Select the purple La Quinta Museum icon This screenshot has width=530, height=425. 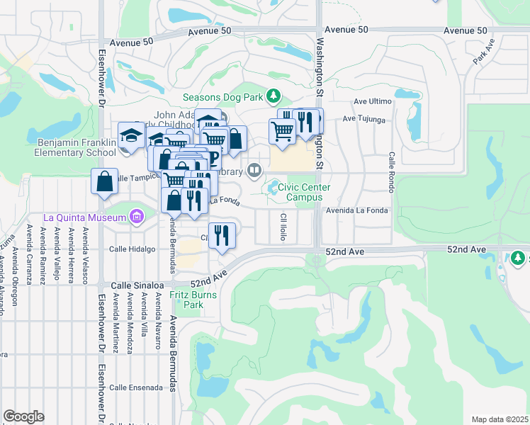point(137,216)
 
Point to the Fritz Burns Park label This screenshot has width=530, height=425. point(188,300)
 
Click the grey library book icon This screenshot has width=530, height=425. point(254,170)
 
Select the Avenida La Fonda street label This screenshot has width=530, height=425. point(356,210)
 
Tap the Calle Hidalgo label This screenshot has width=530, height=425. point(132,249)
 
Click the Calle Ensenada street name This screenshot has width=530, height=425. point(135,387)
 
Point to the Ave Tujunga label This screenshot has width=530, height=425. point(364,119)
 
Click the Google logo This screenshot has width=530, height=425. point(23,416)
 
